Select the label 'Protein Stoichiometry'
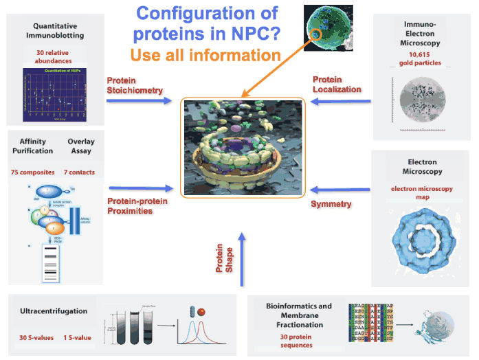(135, 85)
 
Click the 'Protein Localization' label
(337, 85)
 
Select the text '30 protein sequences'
(296, 341)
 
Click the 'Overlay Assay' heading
(81, 146)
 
